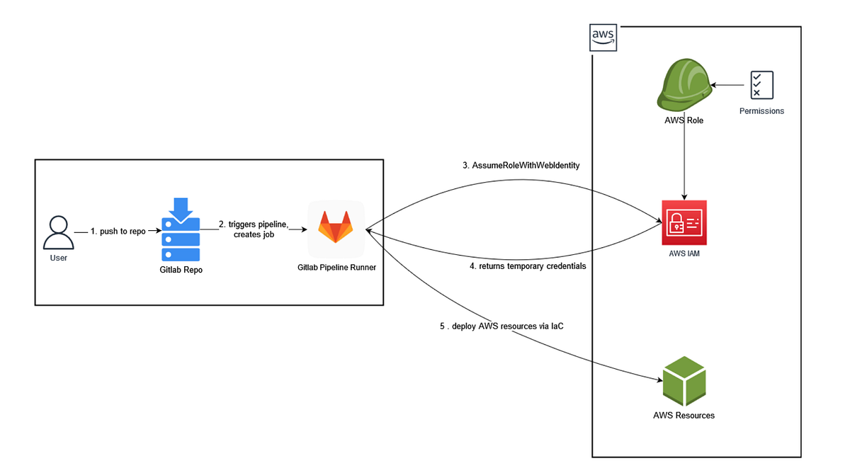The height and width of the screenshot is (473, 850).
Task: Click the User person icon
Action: (x=58, y=232)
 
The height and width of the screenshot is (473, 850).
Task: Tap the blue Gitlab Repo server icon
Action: (x=181, y=231)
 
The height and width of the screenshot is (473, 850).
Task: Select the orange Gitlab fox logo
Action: (x=336, y=229)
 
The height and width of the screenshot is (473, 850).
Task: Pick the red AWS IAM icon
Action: (x=684, y=222)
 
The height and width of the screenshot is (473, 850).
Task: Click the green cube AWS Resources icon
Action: (x=684, y=380)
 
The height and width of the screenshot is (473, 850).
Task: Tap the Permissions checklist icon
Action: (x=761, y=85)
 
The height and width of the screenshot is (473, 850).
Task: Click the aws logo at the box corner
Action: (x=603, y=38)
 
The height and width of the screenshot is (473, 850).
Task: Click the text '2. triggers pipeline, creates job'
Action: (x=253, y=229)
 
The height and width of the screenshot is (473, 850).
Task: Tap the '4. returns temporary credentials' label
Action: (x=528, y=267)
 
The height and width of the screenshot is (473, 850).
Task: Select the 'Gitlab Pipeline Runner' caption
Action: (x=336, y=267)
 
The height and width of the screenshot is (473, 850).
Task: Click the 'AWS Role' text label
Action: (x=684, y=120)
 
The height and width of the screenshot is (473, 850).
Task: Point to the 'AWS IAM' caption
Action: (x=684, y=253)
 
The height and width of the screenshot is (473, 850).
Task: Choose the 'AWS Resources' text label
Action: (x=684, y=416)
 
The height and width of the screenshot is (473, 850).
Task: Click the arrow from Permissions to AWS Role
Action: (x=728, y=85)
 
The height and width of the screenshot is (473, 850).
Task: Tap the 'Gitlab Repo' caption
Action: (x=181, y=270)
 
